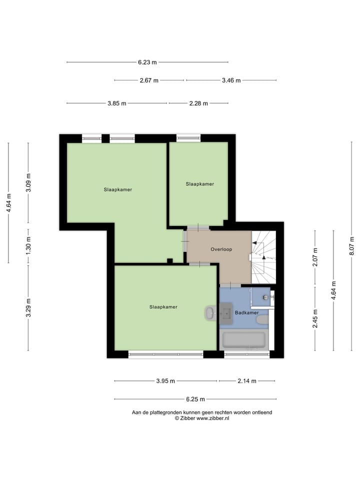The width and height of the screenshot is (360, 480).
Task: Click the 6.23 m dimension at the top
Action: (x=147, y=62)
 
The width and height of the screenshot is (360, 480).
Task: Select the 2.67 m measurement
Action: (x=149, y=80)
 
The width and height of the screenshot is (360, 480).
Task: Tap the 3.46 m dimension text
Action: (x=231, y=80)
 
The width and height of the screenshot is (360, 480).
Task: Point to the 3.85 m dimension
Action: (x=116, y=103)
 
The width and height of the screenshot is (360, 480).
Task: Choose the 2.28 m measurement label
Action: (x=198, y=103)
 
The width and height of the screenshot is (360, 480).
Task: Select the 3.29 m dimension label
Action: (x=28, y=307)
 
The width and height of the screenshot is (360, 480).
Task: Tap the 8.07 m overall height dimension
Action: (x=352, y=246)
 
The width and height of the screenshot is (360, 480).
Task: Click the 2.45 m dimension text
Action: (x=315, y=318)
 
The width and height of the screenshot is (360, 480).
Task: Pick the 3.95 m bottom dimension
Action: (x=165, y=381)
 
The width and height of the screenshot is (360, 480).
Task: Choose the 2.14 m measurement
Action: (x=246, y=381)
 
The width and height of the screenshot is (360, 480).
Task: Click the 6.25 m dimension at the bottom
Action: (x=195, y=399)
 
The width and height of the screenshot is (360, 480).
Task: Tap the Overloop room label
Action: (x=221, y=249)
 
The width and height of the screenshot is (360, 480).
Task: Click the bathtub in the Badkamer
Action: (x=243, y=339)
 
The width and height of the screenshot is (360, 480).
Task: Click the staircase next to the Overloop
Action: (x=263, y=256)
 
